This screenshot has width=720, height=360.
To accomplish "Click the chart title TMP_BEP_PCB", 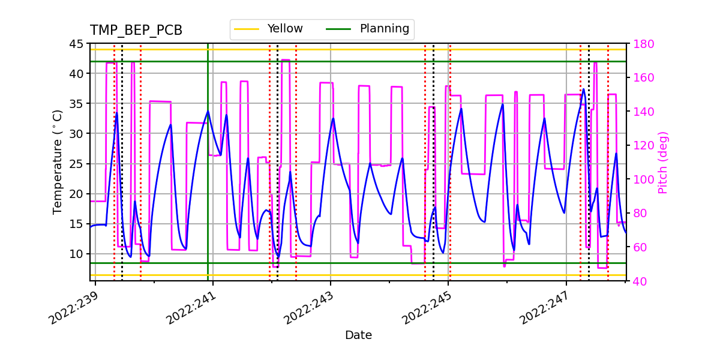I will tap(136, 31).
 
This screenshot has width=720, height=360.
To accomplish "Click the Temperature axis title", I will tap(58, 162).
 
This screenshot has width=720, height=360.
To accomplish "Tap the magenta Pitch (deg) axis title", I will tap(663, 162).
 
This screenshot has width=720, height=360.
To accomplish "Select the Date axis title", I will tap(358, 335).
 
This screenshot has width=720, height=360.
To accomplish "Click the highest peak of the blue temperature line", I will tap(583, 89).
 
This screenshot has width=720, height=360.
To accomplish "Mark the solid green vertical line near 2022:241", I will tap(208, 180).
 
